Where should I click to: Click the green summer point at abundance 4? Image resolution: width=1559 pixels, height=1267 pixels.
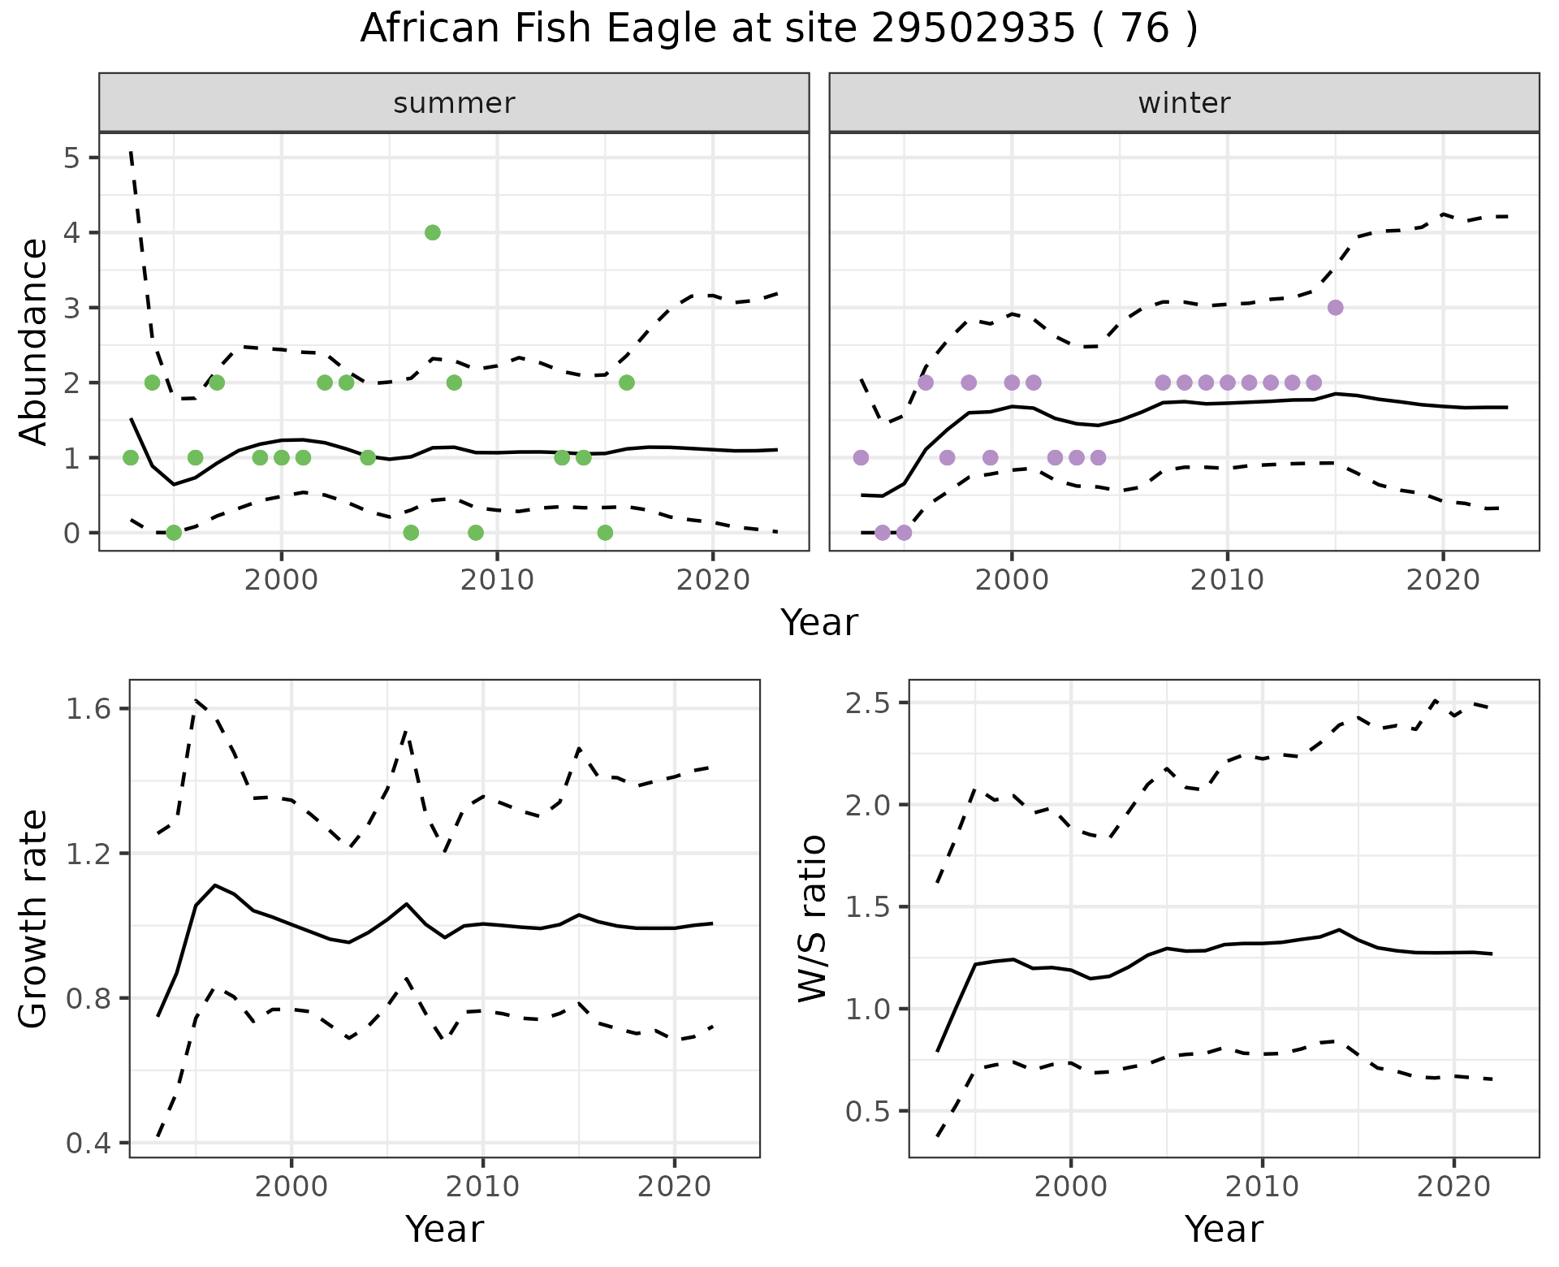432,233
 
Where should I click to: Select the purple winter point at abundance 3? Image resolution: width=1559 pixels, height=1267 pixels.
1335,308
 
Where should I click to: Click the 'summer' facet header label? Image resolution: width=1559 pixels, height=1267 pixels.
454,103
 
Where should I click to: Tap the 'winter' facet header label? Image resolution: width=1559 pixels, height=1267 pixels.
1184,103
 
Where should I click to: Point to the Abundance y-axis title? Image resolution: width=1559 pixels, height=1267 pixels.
34,342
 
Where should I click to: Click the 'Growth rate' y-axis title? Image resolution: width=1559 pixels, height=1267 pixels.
34,919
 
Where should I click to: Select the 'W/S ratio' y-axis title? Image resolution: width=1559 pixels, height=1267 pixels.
813,919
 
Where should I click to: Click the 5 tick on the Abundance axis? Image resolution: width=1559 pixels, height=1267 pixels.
71,158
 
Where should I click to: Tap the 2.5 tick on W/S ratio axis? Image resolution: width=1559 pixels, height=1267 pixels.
867,703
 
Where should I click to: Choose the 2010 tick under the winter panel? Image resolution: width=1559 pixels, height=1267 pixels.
1228,580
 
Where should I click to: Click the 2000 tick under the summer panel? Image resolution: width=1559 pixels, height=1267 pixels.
281,580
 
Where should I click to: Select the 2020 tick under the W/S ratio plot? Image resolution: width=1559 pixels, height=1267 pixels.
1453,1187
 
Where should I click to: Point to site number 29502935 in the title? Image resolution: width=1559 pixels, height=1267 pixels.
973,29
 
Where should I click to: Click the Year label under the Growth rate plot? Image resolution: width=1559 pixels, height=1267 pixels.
444,1229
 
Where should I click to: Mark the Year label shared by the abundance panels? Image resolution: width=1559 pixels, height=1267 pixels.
818,623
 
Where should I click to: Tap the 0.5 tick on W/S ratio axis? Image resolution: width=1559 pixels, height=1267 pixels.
867,1111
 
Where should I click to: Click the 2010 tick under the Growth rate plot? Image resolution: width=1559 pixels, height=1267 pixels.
483,1187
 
